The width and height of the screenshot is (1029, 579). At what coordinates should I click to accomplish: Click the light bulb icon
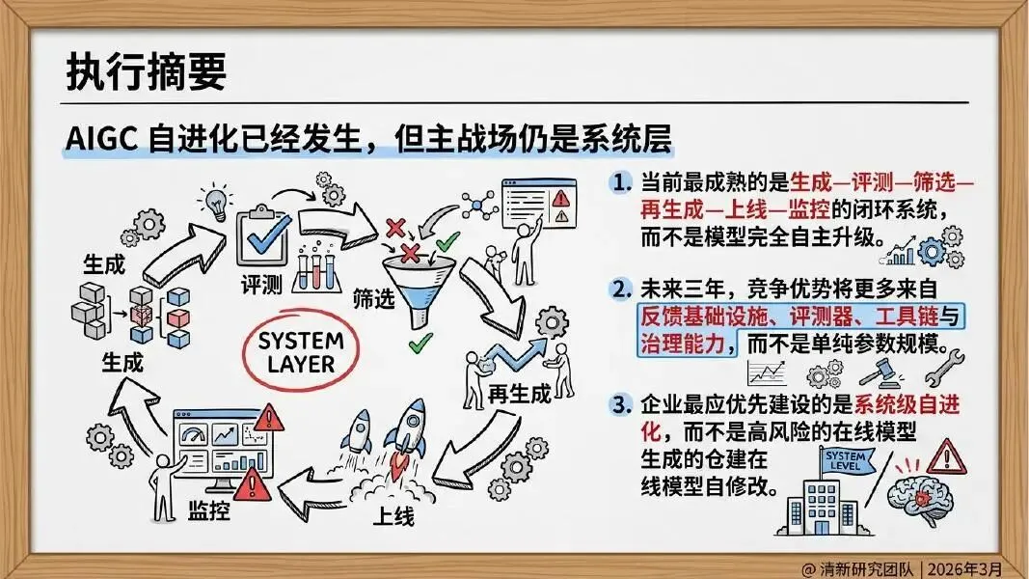coord(216,203)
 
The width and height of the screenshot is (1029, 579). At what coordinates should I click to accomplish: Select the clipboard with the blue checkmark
coord(262,237)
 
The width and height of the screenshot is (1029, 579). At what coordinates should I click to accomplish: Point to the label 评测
coord(260,285)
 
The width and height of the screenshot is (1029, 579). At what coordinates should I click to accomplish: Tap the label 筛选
coord(373,299)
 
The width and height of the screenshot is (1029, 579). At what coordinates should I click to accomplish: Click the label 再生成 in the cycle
coord(519,394)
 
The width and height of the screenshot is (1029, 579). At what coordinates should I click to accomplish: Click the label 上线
coord(393,516)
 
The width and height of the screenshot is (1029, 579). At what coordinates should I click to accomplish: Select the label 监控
coord(208,510)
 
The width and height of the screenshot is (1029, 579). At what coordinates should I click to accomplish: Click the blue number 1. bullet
coord(620,182)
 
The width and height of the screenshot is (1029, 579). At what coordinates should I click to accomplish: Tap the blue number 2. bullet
coord(620,289)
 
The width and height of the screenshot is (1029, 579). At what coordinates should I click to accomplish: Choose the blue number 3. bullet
coord(620,404)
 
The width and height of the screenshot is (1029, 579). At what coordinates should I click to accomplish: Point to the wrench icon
coord(944,368)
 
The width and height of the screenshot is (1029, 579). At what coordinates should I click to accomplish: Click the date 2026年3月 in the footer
coord(964,568)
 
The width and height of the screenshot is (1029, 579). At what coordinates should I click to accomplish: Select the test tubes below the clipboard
coord(316,270)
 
